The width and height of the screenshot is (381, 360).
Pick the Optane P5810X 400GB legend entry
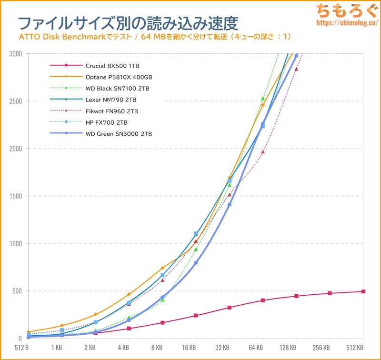[x=119, y=77]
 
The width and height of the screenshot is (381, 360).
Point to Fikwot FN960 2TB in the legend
[x=112, y=111]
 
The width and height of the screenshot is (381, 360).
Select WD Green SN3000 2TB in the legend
[x=122, y=134]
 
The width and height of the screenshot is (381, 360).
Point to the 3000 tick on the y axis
[x=15, y=54]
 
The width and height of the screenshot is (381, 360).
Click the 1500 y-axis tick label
[x=15, y=196]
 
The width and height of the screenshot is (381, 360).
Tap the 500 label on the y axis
[x=17, y=291]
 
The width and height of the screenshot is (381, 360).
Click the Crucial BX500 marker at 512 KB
[x=363, y=291]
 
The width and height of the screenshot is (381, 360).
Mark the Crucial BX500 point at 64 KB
[x=263, y=300]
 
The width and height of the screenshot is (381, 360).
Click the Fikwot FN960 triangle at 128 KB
[x=296, y=69]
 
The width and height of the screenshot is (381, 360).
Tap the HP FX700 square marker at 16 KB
[x=196, y=234]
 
